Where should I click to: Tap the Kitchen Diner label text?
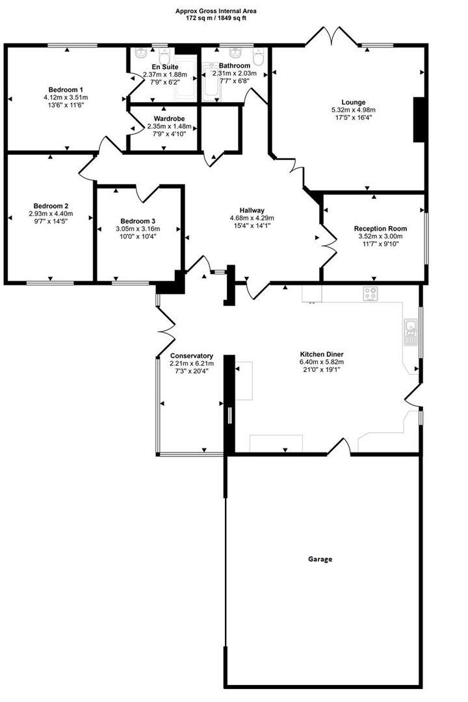click(321, 354)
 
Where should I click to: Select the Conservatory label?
click(191, 356)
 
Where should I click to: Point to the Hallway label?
click(252, 210)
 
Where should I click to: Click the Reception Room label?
click(380, 228)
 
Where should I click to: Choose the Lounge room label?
click(353, 102)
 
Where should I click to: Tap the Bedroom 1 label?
click(66, 90)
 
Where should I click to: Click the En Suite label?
click(164, 66)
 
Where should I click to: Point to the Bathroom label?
click(234, 66)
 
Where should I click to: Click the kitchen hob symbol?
click(371, 294)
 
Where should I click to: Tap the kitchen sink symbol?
click(411, 331)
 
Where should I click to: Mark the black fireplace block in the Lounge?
click(419, 120)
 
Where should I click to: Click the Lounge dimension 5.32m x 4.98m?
click(353, 110)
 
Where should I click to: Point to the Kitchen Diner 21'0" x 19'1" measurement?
click(321, 370)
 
